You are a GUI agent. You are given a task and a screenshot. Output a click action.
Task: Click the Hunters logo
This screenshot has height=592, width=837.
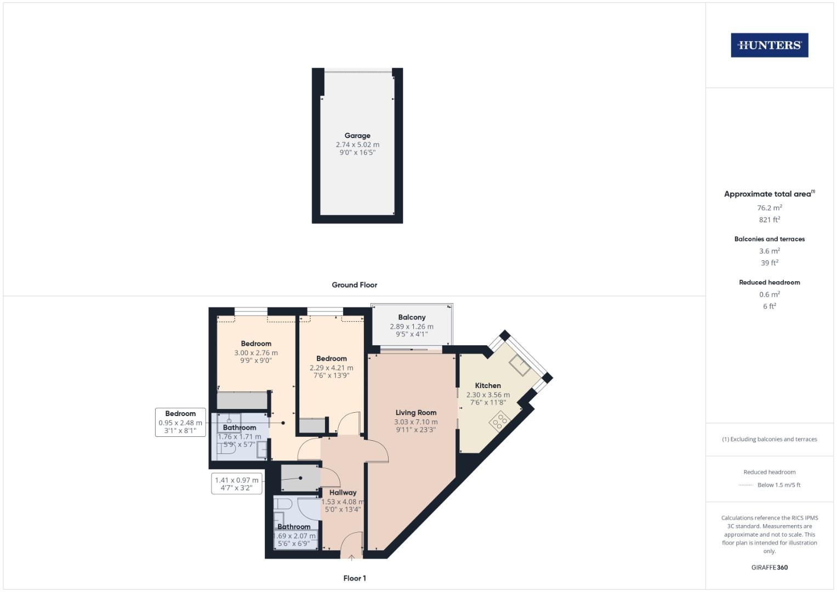click(x=769, y=45)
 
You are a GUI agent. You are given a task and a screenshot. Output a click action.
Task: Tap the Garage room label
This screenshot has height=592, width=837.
click(x=357, y=135)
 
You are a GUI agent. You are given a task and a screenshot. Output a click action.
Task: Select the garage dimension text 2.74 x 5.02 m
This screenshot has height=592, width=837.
click(x=357, y=145)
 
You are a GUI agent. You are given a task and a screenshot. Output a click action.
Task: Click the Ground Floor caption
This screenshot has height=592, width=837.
click(x=354, y=285)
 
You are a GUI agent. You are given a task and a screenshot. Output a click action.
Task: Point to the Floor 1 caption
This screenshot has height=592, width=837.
click(x=354, y=578)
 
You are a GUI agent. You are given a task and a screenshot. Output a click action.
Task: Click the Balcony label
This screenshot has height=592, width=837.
click(x=412, y=317)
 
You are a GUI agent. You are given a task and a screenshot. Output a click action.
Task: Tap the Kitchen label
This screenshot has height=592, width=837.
click(x=488, y=385)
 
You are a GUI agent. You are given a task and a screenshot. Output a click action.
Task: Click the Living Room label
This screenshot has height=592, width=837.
click(x=416, y=413)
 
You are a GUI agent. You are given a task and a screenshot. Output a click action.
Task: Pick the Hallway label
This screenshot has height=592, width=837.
click(x=343, y=492)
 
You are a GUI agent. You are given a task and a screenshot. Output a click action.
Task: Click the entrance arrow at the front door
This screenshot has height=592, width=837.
click(x=351, y=558)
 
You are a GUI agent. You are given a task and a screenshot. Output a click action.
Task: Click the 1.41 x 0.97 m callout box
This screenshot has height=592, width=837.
click(x=236, y=483)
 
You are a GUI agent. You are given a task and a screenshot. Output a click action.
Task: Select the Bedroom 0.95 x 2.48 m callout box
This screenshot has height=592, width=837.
click(x=180, y=422)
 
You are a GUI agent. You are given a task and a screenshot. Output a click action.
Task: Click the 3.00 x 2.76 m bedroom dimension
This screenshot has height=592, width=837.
click(x=256, y=353)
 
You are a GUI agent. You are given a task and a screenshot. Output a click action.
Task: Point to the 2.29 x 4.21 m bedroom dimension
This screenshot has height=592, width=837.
click(x=331, y=368)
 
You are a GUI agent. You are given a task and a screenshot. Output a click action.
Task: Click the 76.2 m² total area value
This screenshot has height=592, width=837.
click(x=769, y=208)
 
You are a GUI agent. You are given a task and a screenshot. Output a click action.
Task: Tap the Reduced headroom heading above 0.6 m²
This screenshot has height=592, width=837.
click(x=769, y=282)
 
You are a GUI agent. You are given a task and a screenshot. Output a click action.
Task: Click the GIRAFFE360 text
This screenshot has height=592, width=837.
click(x=769, y=567)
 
